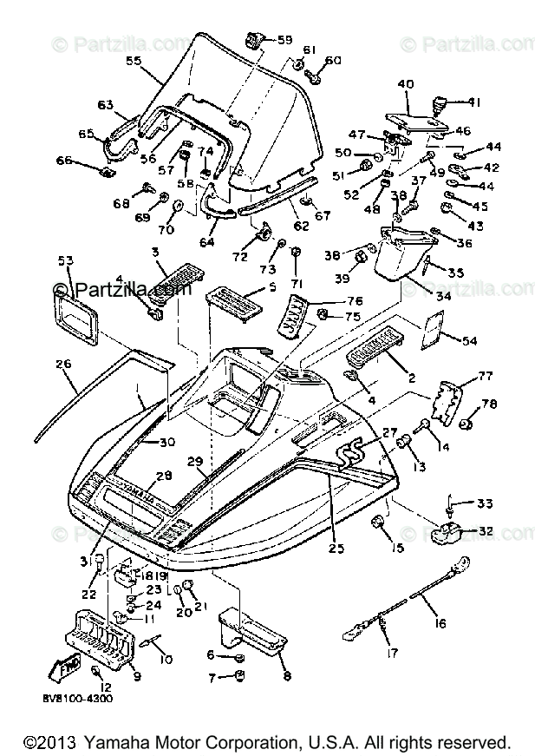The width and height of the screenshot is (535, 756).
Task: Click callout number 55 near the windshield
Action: point(134,62)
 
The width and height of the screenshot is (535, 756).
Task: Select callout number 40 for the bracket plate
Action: point(405,84)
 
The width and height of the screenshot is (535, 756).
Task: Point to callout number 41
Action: point(473,102)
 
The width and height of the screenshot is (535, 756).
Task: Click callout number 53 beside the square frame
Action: point(65,260)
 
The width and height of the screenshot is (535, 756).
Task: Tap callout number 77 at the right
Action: point(485,376)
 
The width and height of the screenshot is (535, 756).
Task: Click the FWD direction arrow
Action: point(68,672)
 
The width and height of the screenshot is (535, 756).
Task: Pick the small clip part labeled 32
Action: point(450,532)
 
